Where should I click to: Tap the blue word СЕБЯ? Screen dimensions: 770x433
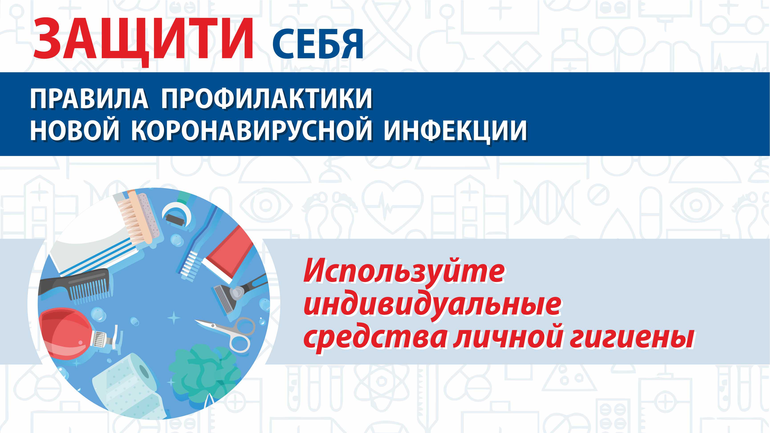318,44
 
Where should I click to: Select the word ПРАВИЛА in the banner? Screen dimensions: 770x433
89,99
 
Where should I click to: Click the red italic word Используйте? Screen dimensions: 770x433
404,273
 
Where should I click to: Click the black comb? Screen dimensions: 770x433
75,285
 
